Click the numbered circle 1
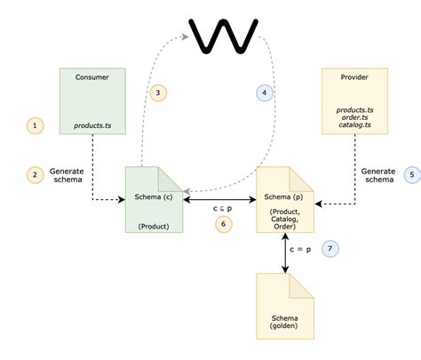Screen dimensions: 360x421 point(35,126)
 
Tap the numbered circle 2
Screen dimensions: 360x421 point(35,174)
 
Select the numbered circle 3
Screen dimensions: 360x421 point(157,92)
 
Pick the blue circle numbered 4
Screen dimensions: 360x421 point(264,92)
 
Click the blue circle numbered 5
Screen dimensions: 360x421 point(411,174)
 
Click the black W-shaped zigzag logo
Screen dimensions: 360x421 point(224,35)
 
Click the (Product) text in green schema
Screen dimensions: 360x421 point(154,226)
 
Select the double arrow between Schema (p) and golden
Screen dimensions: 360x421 point(286,253)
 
